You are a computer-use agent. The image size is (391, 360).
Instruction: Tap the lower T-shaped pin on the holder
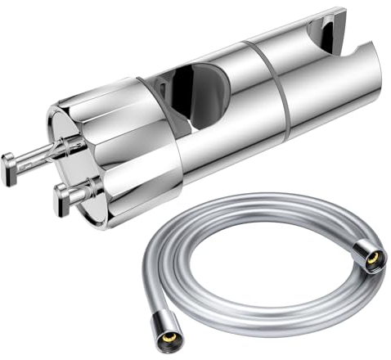pos(74,194)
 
